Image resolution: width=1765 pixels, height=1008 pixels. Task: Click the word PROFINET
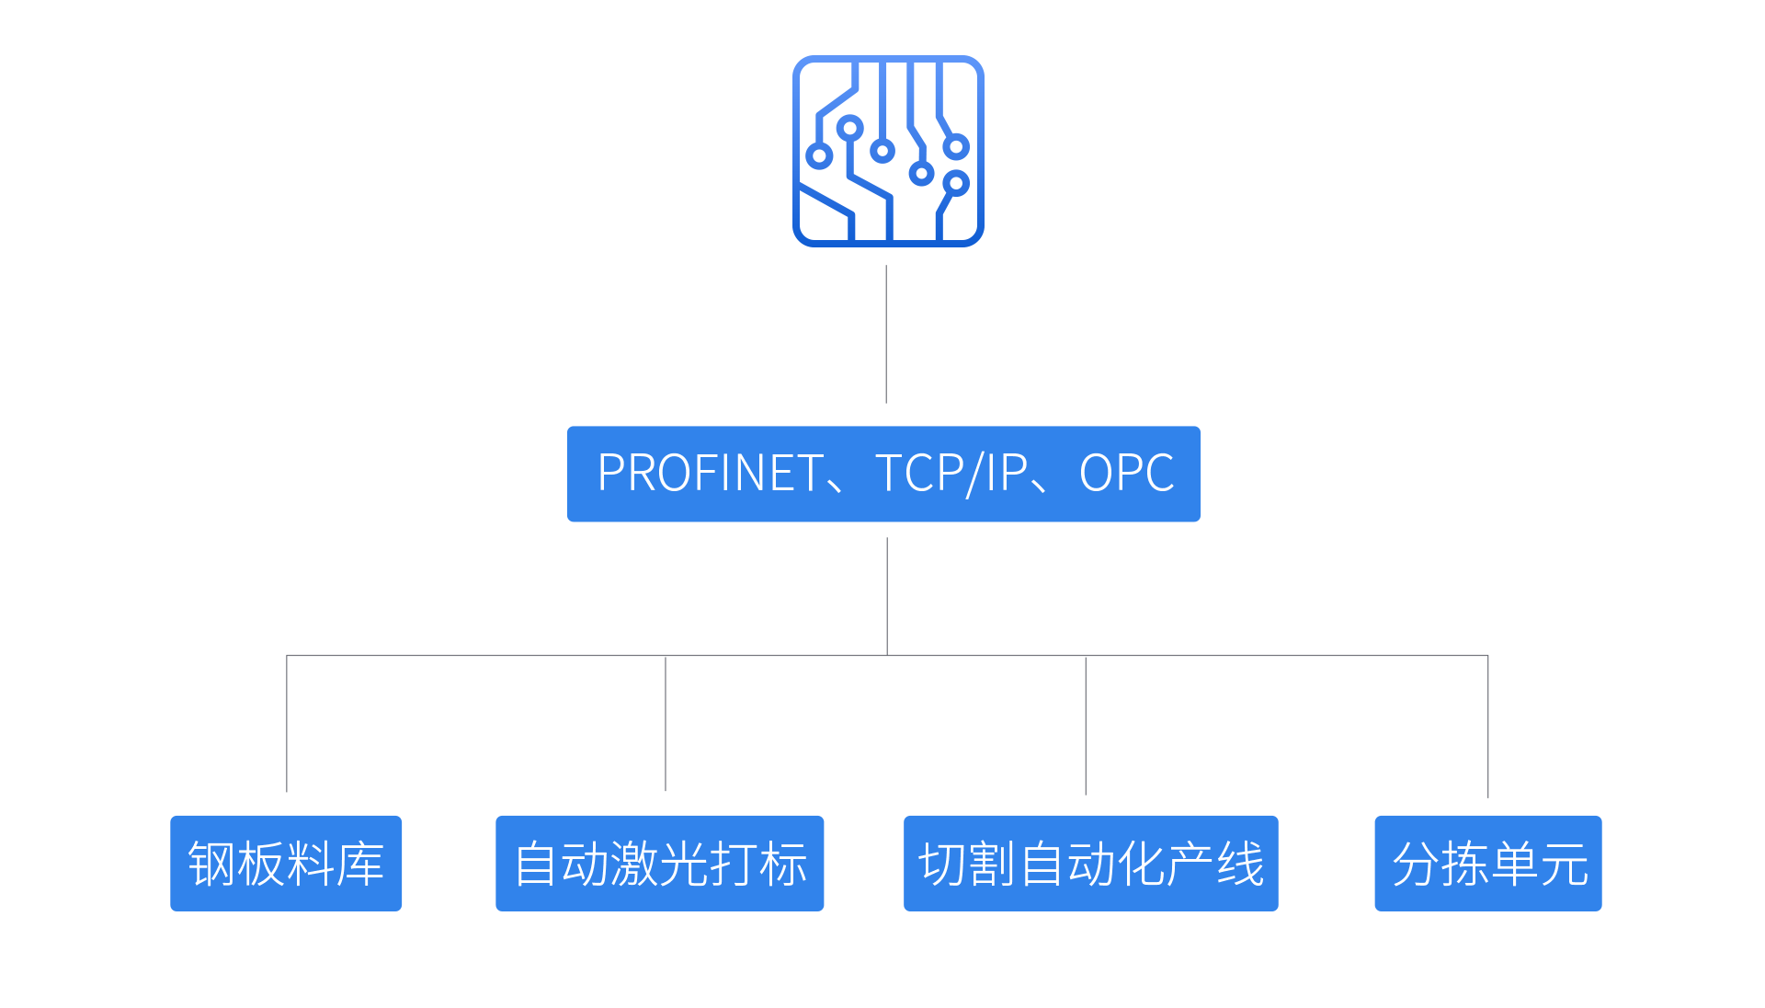[710, 474]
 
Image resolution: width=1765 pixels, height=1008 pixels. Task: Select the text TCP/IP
[951, 474]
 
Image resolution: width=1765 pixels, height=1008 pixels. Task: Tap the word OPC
[1126, 474]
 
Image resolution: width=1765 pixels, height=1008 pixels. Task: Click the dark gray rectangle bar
[887, 726]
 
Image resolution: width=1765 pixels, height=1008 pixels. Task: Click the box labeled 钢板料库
[286, 863]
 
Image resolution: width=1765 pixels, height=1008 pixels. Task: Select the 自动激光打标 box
[659, 863]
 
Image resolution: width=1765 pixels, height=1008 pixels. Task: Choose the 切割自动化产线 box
[1090, 863]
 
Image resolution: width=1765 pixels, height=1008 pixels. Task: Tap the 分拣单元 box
[1487, 863]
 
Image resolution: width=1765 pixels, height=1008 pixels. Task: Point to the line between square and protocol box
[886, 334]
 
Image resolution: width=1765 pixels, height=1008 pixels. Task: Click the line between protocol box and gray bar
[887, 596]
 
